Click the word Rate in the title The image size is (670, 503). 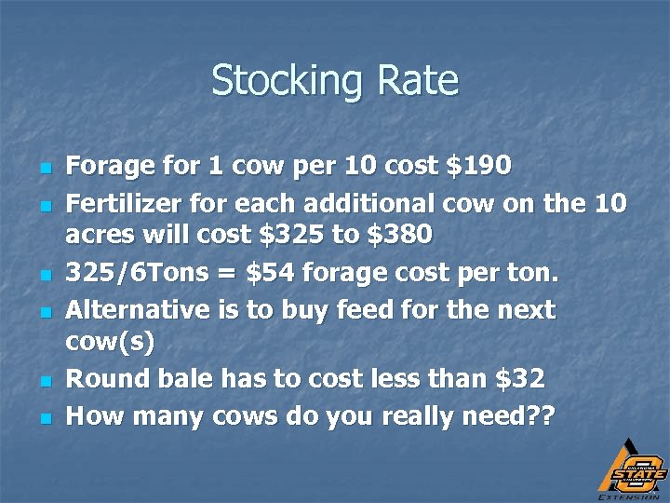(418, 80)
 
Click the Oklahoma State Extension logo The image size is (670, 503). (630, 468)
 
